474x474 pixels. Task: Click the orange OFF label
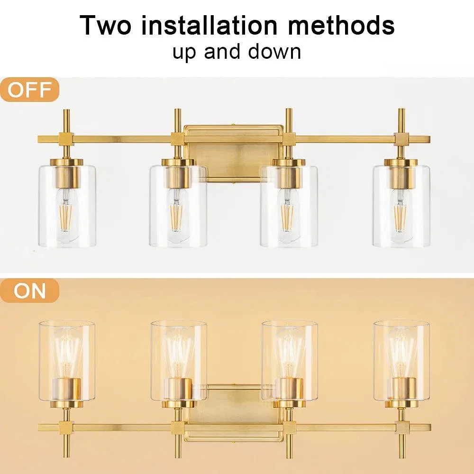[29, 90]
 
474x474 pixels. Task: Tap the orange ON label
[29, 291]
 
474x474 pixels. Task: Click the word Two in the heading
[106, 25]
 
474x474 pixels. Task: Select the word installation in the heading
[209, 25]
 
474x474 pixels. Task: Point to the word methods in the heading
[341, 25]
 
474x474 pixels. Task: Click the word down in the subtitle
[274, 52]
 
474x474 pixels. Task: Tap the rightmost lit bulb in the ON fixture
[402, 352]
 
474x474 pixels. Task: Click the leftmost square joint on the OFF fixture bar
[67, 139]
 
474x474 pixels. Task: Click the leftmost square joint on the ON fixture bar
[67, 428]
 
